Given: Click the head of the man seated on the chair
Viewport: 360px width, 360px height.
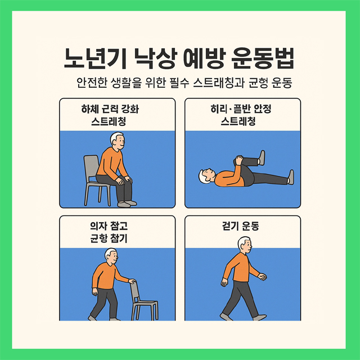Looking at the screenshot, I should pos(117,141).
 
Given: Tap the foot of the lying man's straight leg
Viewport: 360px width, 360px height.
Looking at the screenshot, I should pos(291,178).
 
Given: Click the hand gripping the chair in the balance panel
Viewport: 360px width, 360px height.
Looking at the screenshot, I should pos(132,281).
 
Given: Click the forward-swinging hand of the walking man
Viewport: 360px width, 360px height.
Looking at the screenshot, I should pos(262,277).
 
